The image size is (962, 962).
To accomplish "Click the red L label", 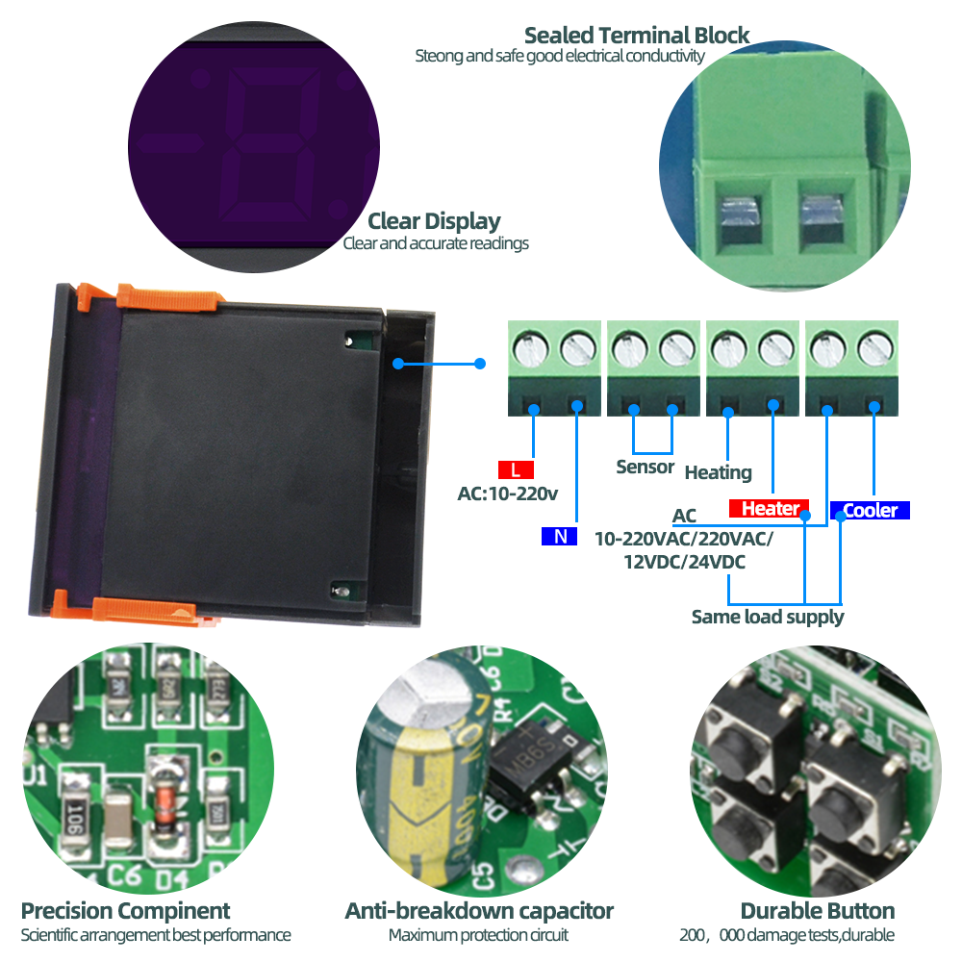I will [516, 470].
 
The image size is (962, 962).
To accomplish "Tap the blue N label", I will [559, 537].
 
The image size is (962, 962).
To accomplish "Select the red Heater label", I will [769, 509].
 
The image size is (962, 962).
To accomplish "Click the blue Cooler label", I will [870, 511].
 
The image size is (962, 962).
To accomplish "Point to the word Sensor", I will [645, 468].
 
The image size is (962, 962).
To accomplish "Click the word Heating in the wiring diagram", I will [718, 472].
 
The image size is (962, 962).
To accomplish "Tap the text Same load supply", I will [767, 617].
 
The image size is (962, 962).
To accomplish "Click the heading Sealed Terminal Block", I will [636, 36].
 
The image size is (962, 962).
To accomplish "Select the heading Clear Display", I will [434, 221].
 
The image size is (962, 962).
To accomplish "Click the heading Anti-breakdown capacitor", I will [479, 910].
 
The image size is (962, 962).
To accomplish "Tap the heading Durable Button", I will [817, 910].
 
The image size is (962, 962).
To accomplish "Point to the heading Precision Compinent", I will [125, 910].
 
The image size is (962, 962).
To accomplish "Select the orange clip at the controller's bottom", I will [144, 610].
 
